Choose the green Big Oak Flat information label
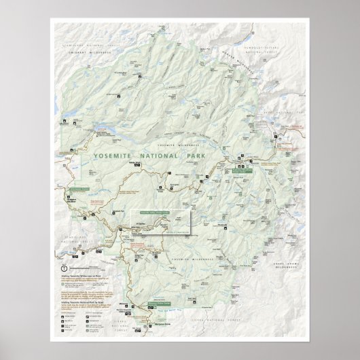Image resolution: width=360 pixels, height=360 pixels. coord(81,190)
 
